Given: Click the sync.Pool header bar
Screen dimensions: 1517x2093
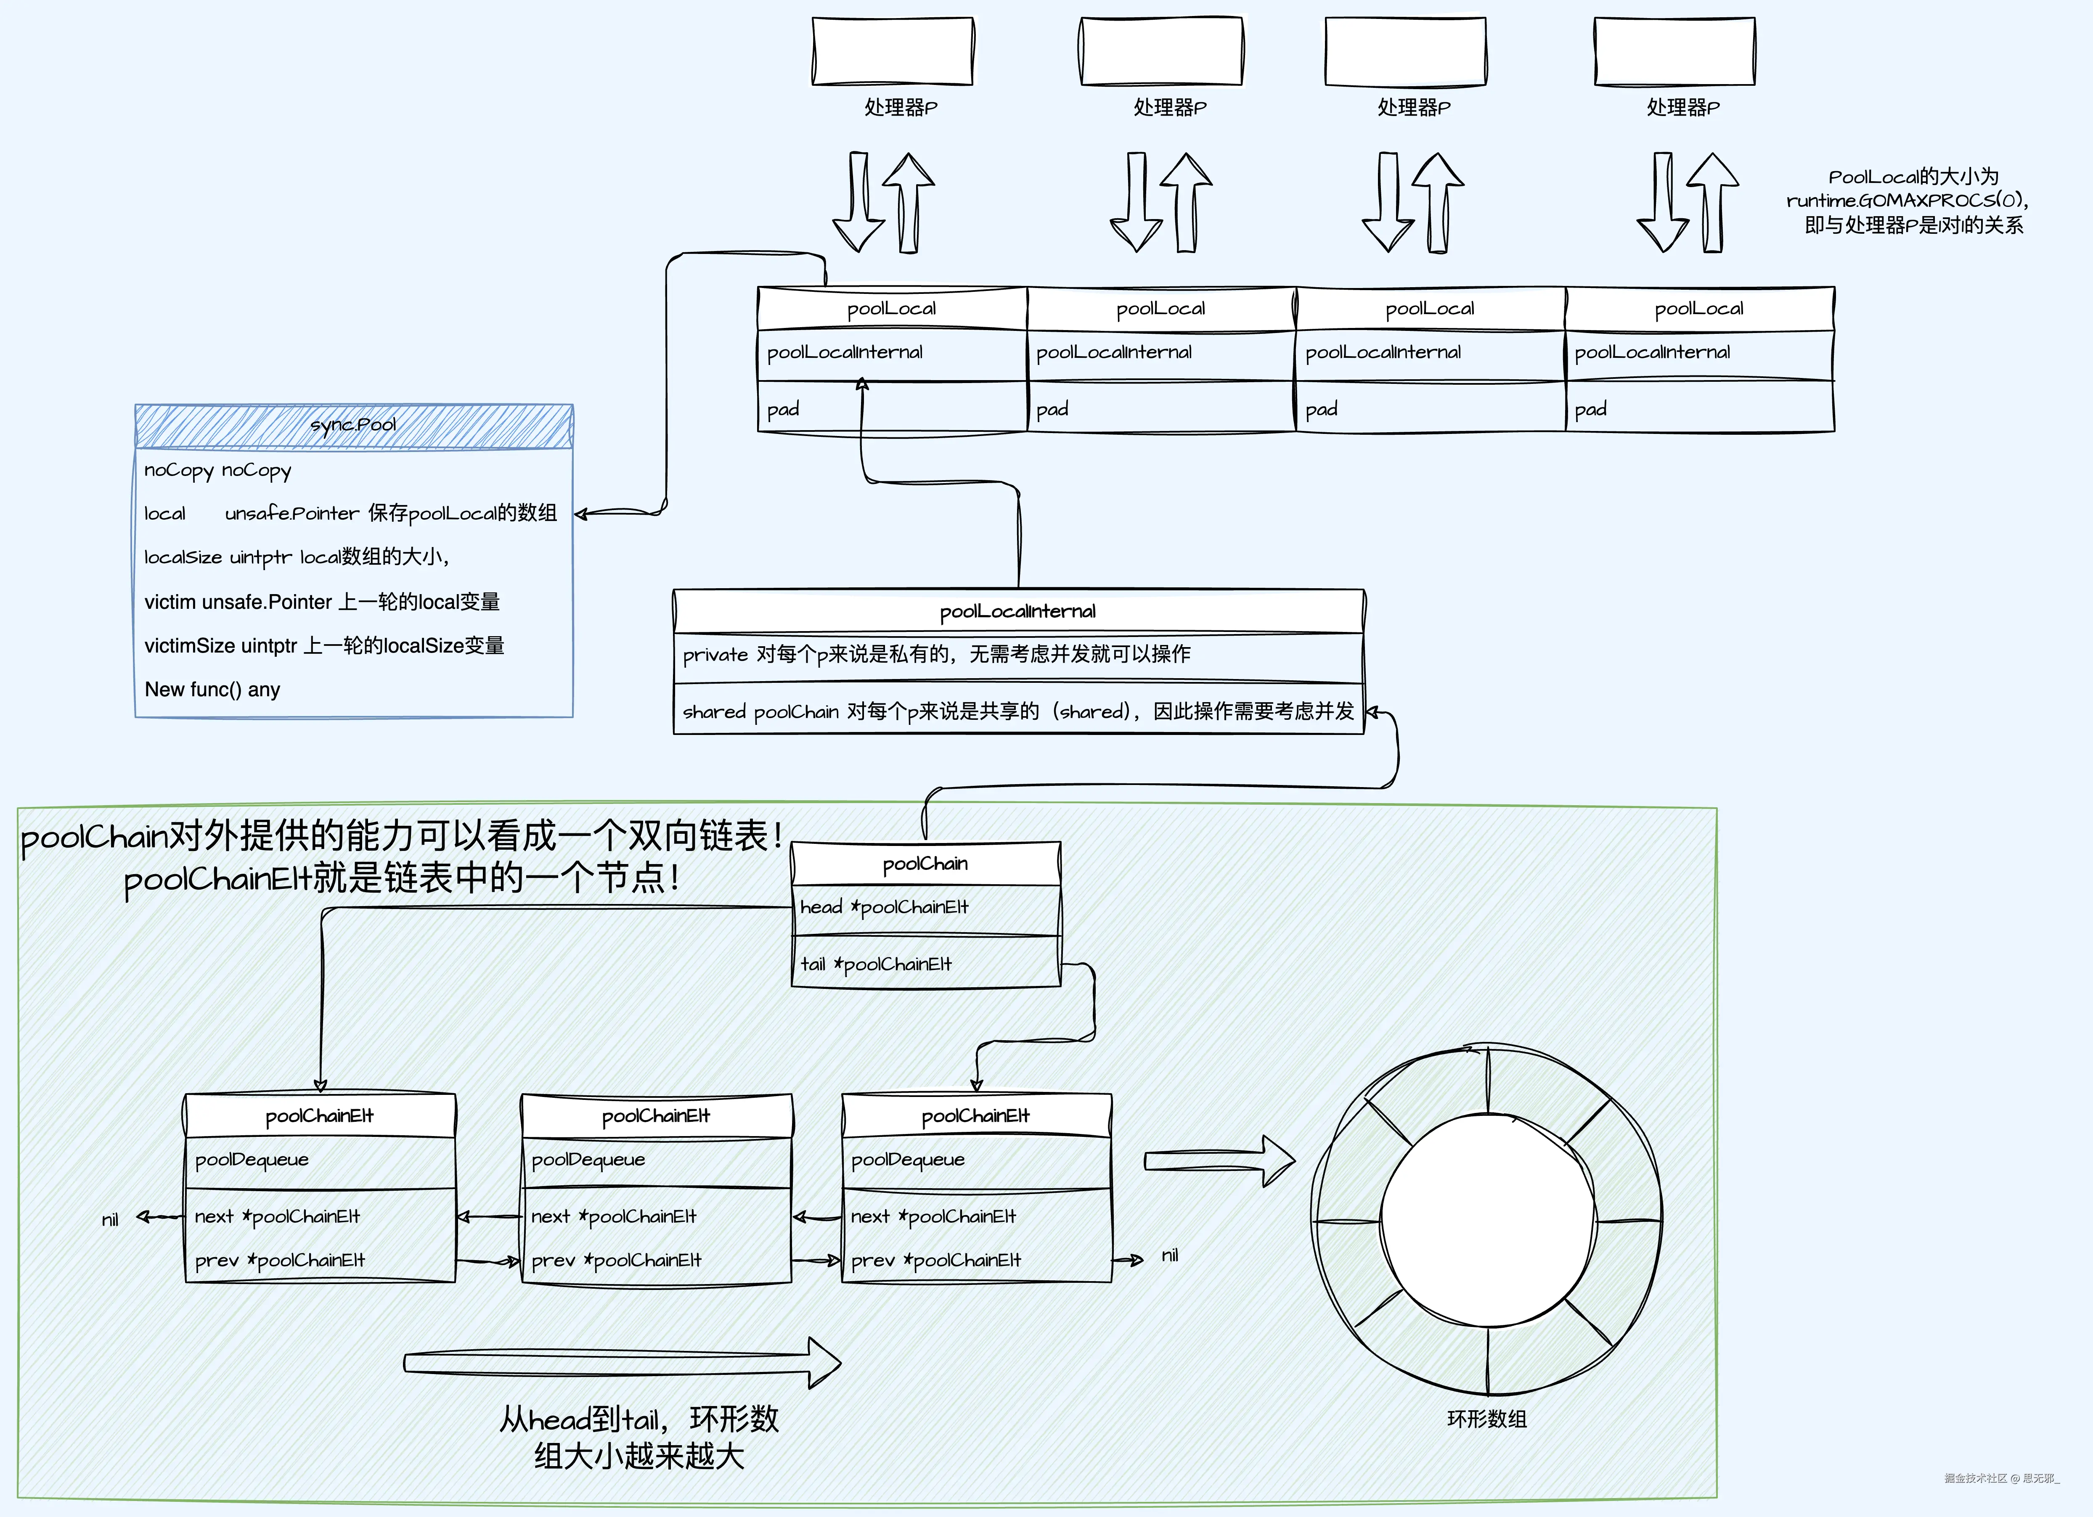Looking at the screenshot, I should click(x=353, y=425).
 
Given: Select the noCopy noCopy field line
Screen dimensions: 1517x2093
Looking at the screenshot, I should click(x=218, y=470).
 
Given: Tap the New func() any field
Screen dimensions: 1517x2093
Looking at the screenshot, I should click(x=212, y=689).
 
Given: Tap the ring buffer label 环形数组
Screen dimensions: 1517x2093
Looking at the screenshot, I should click(x=1487, y=1419).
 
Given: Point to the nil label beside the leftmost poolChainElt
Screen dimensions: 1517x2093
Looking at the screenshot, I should click(x=110, y=1220).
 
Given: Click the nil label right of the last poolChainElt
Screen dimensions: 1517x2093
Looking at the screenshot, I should click(x=1170, y=1256).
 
